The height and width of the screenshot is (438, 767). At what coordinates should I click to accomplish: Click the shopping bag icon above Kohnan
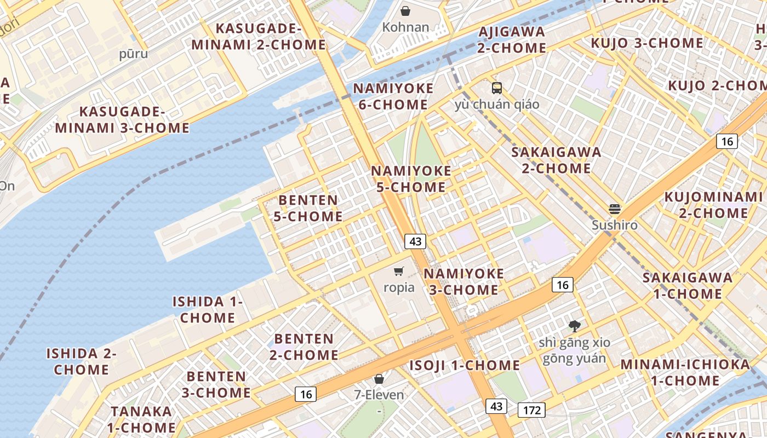pyautogui.click(x=405, y=11)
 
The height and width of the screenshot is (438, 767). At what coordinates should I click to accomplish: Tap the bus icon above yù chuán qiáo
pyautogui.click(x=497, y=88)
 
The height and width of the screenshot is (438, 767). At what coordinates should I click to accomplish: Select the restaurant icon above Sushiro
pyautogui.click(x=615, y=209)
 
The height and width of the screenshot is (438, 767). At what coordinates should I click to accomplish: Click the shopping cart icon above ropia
pyautogui.click(x=399, y=271)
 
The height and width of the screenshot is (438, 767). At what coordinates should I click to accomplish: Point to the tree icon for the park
pyautogui.click(x=574, y=327)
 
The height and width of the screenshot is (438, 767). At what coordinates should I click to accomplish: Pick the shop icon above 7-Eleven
pyautogui.click(x=379, y=378)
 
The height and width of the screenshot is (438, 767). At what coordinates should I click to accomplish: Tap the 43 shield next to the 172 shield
pyautogui.click(x=496, y=406)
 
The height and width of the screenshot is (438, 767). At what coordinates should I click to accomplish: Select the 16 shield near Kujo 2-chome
pyautogui.click(x=727, y=141)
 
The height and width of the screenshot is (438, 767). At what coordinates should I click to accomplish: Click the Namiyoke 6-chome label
pyautogui.click(x=393, y=96)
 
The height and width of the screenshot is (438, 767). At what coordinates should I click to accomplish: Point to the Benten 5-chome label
pyautogui.click(x=308, y=208)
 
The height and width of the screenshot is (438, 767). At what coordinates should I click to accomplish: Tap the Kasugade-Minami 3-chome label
pyautogui.click(x=122, y=120)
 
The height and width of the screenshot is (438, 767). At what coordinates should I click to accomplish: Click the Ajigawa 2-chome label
pyautogui.click(x=512, y=39)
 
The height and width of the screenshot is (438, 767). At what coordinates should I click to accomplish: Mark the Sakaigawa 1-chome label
pyautogui.click(x=688, y=285)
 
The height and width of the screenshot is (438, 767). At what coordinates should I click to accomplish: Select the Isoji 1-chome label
pyautogui.click(x=465, y=365)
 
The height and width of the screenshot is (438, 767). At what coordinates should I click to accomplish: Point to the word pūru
pyautogui.click(x=134, y=54)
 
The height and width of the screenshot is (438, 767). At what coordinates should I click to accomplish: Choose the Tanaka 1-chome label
pyautogui.click(x=141, y=419)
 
